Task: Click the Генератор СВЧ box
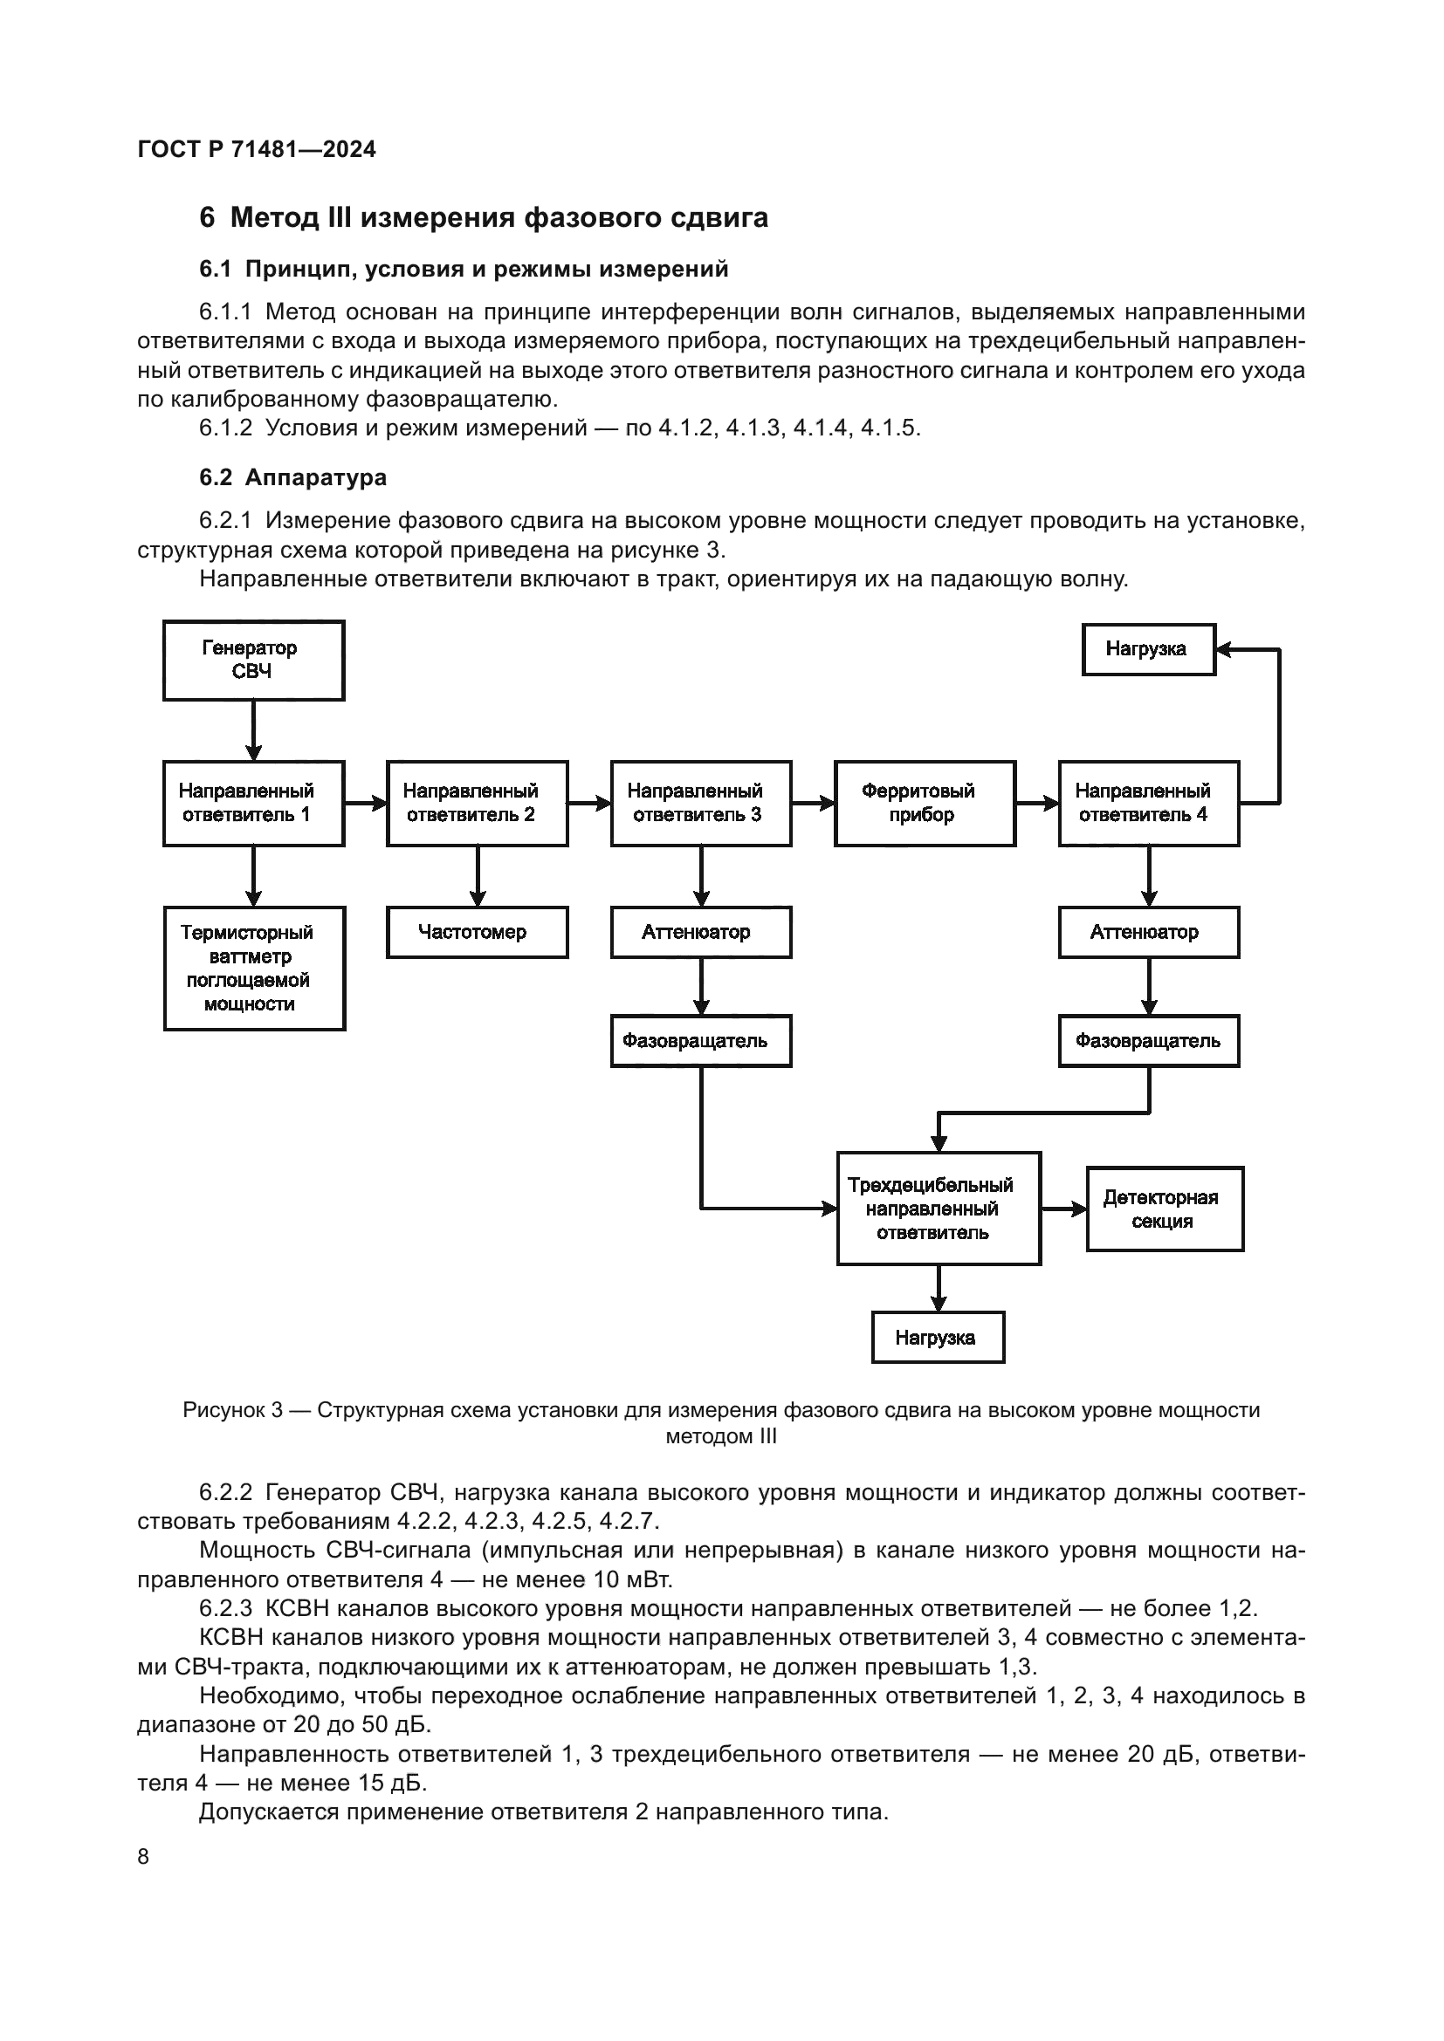click(x=253, y=661)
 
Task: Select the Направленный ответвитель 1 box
click(x=253, y=803)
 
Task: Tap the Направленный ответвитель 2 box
click(x=477, y=803)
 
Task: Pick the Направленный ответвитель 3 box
click(x=701, y=803)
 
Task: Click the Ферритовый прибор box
click(x=924, y=803)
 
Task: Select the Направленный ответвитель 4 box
click(x=1148, y=803)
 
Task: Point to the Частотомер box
click(x=477, y=932)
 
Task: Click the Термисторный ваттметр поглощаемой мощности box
click(x=253, y=968)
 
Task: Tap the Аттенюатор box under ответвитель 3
click(x=701, y=932)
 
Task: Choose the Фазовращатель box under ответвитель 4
click(x=1148, y=1040)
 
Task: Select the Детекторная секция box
click(x=1164, y=1209)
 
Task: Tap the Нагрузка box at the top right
click(x=1148, y=649)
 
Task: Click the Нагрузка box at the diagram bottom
click(x=937, y=1337)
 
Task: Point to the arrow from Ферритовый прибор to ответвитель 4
click(x=1037, y=803)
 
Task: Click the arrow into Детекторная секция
click(x=1063, y=1209)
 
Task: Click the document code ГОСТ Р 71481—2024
click(x=257, y=149)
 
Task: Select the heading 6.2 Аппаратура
click(x=292, y=477)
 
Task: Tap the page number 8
click(x=143, y=1856)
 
